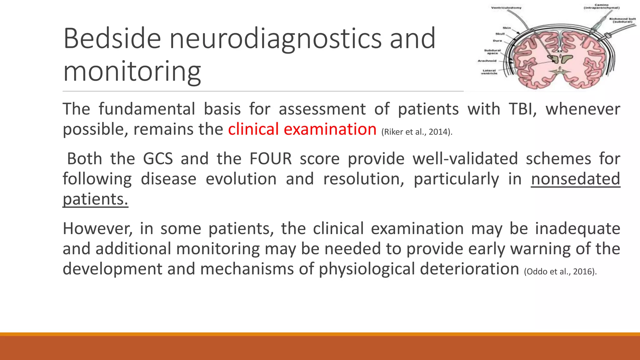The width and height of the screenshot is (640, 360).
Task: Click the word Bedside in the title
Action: coord(112,39)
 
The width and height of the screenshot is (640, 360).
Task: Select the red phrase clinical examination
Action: coord(302,129)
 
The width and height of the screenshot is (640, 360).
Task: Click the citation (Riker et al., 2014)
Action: coord(417,132)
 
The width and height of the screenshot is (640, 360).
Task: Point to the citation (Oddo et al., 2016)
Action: coord(560,272)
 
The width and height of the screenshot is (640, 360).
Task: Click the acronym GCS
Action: coord(158,159)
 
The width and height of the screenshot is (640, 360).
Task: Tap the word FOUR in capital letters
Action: coord(270,159)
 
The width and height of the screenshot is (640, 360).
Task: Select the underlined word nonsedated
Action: coord(575,179)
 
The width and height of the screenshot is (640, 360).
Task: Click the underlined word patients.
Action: coord(95,199)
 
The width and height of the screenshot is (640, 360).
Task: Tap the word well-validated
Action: coord(465,159)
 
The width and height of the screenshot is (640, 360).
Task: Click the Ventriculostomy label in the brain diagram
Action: coord(506,8)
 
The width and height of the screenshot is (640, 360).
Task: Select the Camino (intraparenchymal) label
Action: coord(602,7)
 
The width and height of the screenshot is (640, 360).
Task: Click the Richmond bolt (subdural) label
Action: coord(622,21)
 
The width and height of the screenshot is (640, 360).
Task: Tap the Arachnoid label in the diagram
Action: coord(487,61)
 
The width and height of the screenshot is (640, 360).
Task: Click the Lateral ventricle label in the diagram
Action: coord(489,72)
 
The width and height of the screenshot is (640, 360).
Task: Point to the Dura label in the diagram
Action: coord(497,41)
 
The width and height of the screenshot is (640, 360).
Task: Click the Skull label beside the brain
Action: coord(500,34)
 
